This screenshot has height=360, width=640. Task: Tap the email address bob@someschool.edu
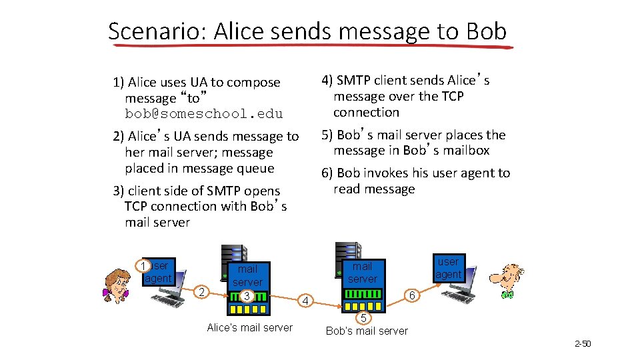[x=204, y=114]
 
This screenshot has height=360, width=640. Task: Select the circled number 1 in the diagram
[x=142, y=267]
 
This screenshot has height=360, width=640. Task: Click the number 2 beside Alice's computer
[x=201, y=291]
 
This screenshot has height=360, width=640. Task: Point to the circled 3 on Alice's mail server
[x=247, y=296]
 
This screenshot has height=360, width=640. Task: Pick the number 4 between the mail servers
[x=305, y=301]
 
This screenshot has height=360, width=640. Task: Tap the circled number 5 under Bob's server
[x=362, y=317]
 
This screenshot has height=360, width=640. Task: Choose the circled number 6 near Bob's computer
[x=412, y=295]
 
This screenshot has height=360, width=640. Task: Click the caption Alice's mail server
[x=249, y=327]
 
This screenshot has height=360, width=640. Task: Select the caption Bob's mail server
[x=367, y=331]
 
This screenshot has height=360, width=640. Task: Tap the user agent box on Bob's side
[x=448, y=268]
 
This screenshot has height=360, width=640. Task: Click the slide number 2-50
[x=583, y=344]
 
